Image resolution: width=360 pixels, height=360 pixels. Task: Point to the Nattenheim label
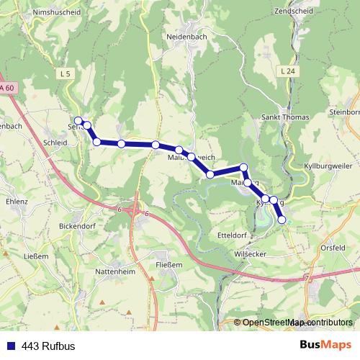114,271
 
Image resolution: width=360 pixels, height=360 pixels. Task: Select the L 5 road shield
66,73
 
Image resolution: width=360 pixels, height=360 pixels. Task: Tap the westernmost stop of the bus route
78,120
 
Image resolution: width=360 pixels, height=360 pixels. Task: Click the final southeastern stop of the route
282,219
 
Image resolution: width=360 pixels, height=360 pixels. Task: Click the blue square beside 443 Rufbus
9,345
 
